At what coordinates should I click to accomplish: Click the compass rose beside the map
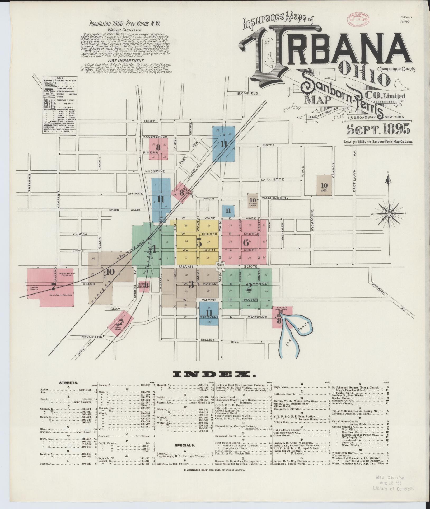pos(389,213)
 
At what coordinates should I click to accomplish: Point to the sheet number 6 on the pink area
pos(245,242)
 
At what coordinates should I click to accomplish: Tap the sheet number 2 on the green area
pos(249,287)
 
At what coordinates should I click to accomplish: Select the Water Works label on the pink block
pos(118,329)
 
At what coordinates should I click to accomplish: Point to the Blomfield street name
pos(247,94)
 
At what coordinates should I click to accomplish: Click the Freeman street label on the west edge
pos(29,182)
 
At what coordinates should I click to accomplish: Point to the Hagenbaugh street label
pos(155,137)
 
